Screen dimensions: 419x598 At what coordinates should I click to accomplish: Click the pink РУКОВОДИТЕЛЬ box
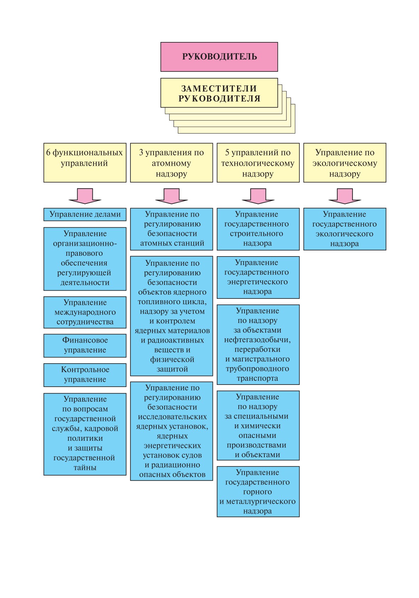coord(219,57)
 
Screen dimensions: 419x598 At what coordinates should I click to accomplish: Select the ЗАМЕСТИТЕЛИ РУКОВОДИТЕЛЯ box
coord(219,92)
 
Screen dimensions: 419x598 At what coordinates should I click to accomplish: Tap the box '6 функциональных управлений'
coord(85,163)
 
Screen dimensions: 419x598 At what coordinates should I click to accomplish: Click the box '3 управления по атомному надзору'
coord(172,163)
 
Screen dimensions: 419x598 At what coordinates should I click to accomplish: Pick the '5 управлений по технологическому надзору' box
coord(258,163)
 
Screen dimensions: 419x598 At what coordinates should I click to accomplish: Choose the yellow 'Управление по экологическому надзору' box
coord(345,163)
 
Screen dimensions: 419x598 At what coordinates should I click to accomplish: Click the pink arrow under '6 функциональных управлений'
coord(85,196)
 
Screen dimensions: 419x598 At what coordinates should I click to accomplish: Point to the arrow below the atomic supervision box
coord(172,196)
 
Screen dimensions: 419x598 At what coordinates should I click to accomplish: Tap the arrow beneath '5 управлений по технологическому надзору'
coord(258,196)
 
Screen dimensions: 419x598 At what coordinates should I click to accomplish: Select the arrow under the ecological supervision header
coord(345,196)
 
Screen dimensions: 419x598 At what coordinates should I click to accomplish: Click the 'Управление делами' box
coord(85,215)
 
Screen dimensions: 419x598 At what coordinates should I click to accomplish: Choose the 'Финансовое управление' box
coord(85,345)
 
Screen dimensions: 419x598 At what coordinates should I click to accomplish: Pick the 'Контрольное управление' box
coord(85,375)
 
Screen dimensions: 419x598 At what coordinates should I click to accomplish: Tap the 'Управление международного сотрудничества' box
coord(85,312)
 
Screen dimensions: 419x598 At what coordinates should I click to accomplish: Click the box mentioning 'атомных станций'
coord(172,229)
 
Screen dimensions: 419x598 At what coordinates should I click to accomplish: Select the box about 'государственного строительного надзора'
coord(258,229)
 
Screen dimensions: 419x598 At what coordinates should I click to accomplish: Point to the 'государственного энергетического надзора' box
coord(258,277)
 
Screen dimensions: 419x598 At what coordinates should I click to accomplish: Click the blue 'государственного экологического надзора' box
coord(345,229)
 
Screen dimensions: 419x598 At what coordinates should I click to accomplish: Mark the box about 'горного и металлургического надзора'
coord(258,492)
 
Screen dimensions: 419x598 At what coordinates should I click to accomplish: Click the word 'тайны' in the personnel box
coord(85,467)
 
